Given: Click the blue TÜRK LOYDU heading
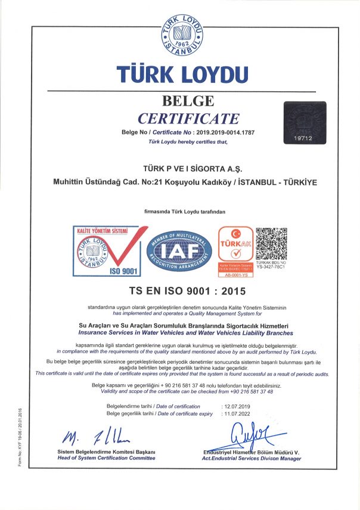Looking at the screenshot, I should (x=182, y=75).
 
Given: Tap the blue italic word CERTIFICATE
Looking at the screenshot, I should (x=188, y=118).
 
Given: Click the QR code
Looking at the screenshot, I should (x=271, y=243).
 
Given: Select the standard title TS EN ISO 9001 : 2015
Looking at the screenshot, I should (x=187, y=292).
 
